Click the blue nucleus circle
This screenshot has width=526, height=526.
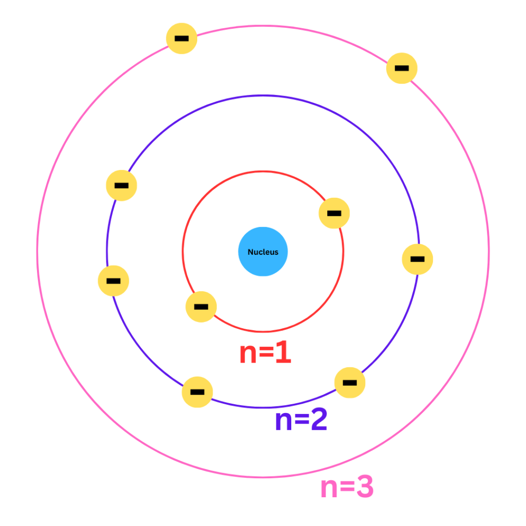[x=263, y=252]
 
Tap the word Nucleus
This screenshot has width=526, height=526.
[x=263, y=252]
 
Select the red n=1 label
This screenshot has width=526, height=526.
[x=266, y=352]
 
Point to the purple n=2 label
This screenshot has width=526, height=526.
[x=301, y=419]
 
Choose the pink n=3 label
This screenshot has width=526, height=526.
[x=347, y=486]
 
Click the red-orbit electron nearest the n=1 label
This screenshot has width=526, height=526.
[x=201, y=307]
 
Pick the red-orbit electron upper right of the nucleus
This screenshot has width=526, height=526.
[x=334, y=213]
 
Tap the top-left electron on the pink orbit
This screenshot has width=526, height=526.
[x=181, y=38]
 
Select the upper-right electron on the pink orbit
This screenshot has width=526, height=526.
[x=402, y=68]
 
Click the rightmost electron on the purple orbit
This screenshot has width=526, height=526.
[x=417, y=259]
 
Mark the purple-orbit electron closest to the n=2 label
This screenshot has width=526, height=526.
[x=349, y=382]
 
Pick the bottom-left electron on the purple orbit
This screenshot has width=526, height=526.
[x=197, y=392]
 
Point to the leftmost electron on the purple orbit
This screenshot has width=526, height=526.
[x=114, y=281]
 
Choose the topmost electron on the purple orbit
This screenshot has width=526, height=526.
[x=121, y=185]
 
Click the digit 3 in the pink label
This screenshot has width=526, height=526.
[x=365, y=486]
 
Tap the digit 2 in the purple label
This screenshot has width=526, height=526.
[x=318, y=419]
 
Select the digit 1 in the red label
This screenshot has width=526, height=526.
[x=284, y=352]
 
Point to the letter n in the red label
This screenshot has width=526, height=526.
[x=248, y=354]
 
